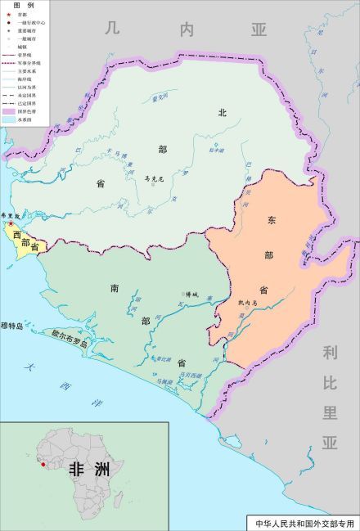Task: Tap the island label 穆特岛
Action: [x=11, y=325]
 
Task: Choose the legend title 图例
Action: [x=22, y=6]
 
